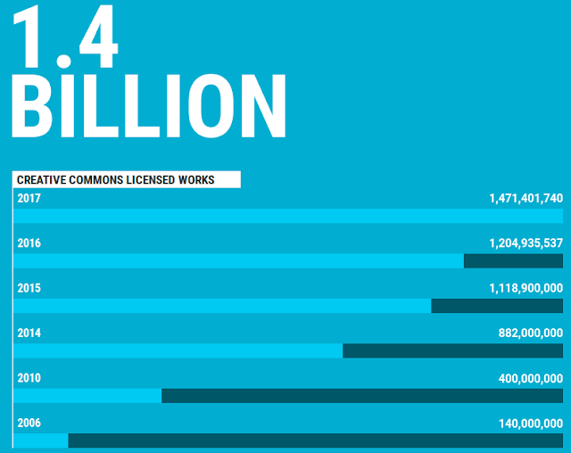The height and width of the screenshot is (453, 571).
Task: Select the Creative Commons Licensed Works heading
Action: tap(116, 180)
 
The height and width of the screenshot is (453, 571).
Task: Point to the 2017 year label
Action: tap(29, 198)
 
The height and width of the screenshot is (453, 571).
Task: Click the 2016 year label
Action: tap(29, 243)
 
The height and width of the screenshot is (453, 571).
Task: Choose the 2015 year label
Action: tap(29, 288)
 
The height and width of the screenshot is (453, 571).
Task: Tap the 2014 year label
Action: tap(29, 333)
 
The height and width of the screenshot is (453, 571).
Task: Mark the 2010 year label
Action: tap(29, 378)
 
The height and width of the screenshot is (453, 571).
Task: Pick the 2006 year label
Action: tap(29, 423)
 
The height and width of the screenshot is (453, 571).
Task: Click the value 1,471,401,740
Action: tap(525, 198)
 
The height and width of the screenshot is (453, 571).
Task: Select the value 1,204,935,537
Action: tap(525, 243)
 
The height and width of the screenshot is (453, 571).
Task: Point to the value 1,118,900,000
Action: tap(525, 288)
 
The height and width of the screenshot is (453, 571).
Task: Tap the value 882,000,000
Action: tap(530, 333)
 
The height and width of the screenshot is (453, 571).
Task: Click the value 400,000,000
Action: tap(530, 378)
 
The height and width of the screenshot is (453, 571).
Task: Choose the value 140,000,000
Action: tap(530, 423)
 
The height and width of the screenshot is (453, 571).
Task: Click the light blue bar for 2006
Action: tap(41, 441)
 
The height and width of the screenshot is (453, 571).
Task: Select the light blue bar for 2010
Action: tap(87, 396)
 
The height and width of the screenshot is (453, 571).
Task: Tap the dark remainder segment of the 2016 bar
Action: tap(513, 260)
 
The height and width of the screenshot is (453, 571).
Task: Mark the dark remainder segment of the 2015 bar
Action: tap(497, 306)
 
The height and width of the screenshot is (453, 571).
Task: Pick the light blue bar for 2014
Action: tap(178, 350)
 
